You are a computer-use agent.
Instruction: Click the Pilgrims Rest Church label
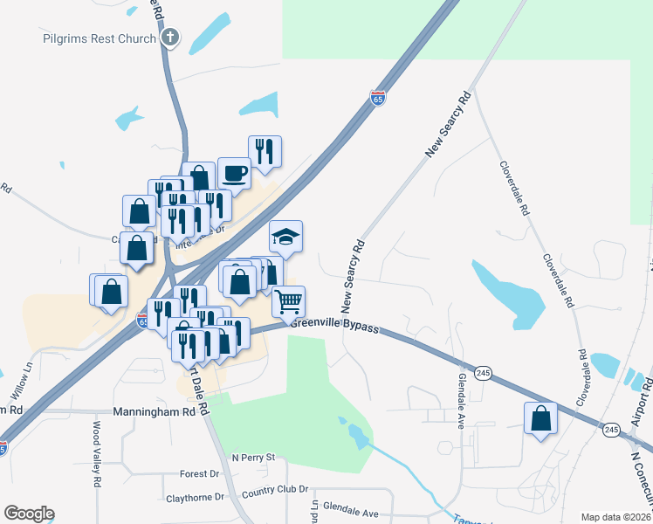(x=100, y=38)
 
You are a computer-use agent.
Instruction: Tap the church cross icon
(x=170, y=38)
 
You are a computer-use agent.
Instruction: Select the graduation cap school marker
(x=285, y=237)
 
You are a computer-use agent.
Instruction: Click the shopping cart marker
(x=288, y=302)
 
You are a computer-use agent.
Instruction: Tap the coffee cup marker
(x=233, y=173)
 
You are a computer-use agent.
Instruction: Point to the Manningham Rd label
(x=155, y=411)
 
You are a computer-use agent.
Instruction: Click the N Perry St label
(x=253, y=457)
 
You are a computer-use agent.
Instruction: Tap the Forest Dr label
(x=199, y=474)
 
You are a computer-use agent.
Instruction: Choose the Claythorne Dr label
(x=195, y=498)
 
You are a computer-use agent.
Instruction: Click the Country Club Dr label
(x=275, y=493)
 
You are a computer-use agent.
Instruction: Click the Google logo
(x=29, y=514)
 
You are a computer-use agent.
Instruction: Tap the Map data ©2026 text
(x=616, y=517)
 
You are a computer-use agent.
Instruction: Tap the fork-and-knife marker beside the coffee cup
(x=265, y=151)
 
